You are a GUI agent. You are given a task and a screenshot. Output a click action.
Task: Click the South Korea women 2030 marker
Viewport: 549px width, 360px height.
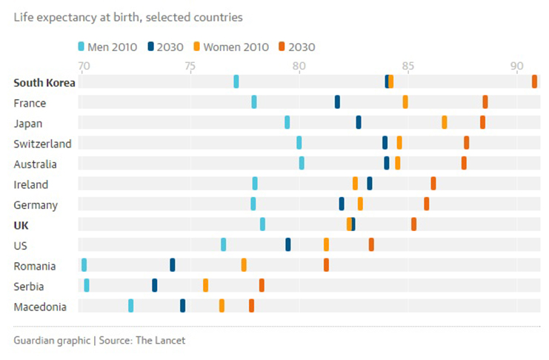pyautogui.click(x=534, y=81)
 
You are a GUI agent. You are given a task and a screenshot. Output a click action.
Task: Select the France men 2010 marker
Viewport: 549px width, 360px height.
pyautogui.click(x=254, y=102)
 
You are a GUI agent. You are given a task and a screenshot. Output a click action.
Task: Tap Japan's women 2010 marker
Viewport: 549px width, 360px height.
pyautogui.click(x=445, y=122)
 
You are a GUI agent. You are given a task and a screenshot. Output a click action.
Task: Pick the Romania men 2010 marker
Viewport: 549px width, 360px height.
pyautogui.click(x=84, y=264)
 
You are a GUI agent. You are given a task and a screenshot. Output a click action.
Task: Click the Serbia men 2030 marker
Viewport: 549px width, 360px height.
pyautogui.click(x=155, y=285)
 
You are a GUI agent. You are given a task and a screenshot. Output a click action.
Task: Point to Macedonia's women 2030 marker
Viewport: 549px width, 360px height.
pyautogui.click(x=251, y=305)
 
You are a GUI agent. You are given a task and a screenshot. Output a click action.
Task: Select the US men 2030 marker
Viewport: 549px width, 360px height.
pyautogui.click(x=288, y=244)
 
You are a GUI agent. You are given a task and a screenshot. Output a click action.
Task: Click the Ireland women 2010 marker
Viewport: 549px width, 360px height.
pyautogui.click(x=355, y=184)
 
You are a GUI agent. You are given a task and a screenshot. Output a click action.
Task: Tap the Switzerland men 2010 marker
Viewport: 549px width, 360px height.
pyautogui.click(x=299, y=143)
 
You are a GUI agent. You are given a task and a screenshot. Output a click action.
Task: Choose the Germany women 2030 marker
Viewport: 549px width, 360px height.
pyautogui.click(x=427, y=204)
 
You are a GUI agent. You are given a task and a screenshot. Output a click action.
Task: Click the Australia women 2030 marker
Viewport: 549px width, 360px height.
pyautogui.click(x=465, y=163)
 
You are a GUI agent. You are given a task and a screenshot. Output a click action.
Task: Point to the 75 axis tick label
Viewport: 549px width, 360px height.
pyautogui.click(x=190, y=66)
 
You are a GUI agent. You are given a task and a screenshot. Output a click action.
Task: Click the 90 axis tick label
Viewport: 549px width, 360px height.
pyautogui.click(x=516, y=66)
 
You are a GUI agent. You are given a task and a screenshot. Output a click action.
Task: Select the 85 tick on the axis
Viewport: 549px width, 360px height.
pyautogui.click(x=407, y=66)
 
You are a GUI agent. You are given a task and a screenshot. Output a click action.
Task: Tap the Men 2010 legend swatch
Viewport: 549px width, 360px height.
pyautogui.click(x=81, y=47)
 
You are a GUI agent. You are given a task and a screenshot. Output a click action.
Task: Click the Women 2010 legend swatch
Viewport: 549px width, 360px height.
pyautogui.click(x=197, y=47)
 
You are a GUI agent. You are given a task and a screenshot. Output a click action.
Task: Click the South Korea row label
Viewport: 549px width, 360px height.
pyautogui.click(x=44, y=82)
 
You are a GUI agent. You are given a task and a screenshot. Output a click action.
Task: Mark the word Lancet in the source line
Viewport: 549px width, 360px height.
pyautogui.click(x=169, y=341)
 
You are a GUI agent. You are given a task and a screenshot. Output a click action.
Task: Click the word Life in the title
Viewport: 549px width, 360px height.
pyautogui.click(x=23, y=16)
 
